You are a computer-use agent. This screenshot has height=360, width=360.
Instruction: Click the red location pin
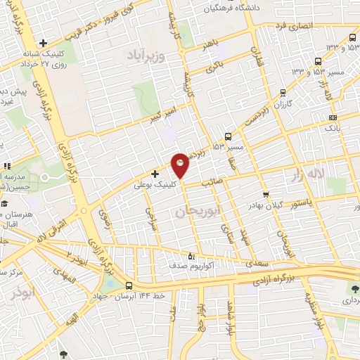pyautogui.click(x=181, y=165)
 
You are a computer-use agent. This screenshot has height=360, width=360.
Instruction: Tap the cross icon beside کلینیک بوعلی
pyautogui.click(x=155, y=173)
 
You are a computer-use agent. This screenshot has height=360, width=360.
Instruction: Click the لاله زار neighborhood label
pyautogui.click(x=309, y=174)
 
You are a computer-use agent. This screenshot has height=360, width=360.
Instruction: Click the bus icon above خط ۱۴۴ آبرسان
pyautogui.click(x=129, y=286)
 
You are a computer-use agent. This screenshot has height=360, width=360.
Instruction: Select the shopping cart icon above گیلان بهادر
pyautogui.click(x=265, y=195)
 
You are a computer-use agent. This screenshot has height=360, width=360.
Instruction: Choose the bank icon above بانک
pyautogui.click(x=332, y=117)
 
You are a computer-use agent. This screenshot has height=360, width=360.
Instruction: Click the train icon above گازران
pyautogui.click(x=283, y=91)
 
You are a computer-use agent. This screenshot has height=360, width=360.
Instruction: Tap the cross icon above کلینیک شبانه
pyautogui.click(x=43, y=44)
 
